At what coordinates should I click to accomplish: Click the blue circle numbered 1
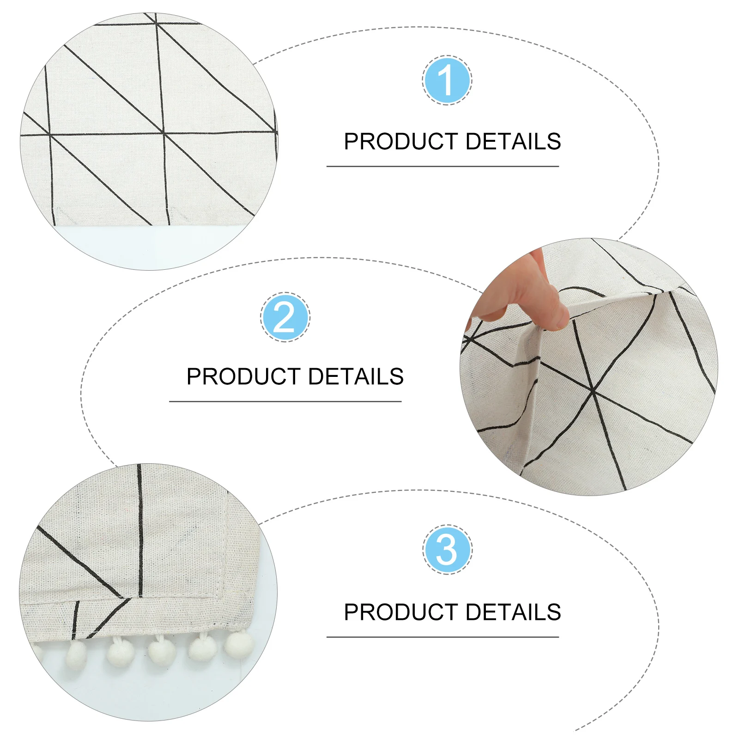447,80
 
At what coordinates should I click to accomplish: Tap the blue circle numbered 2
285,317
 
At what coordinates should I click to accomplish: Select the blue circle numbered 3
447,550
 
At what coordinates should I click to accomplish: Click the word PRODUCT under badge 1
400,141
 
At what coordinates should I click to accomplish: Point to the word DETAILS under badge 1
513,141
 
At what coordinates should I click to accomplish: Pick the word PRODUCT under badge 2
243,376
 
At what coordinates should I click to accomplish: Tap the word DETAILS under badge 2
356,376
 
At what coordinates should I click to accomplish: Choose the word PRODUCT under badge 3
400,612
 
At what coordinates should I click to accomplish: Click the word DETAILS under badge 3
513,612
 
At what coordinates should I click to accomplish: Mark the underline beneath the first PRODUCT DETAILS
442,166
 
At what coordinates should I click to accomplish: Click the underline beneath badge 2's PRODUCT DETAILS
285,402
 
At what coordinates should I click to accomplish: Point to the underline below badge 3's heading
442,637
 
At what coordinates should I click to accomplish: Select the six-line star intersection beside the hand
593,392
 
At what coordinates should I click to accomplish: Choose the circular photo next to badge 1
149,141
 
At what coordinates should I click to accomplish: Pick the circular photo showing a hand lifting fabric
589,367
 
